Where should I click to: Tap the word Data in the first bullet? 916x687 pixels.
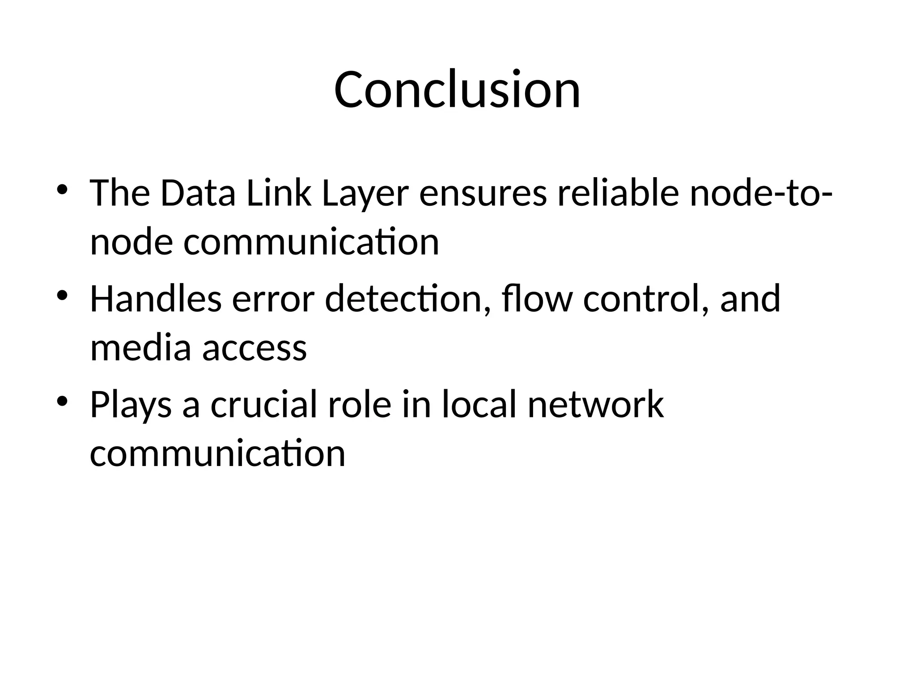(198, 194)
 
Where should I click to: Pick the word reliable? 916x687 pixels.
(618, 194)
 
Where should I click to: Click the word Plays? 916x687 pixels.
(131, 405)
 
